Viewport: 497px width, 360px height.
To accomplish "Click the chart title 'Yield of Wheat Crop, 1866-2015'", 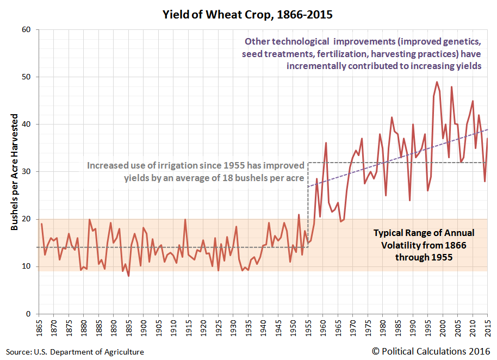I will (x=247, y=14).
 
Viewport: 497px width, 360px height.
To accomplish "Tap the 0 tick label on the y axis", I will (x=29, y=314).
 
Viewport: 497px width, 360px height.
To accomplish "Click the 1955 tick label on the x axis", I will (x=308, y=327).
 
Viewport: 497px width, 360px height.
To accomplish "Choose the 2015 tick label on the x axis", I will (x=487, y=327).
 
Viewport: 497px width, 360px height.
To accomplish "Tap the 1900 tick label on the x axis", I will (x=143, y=327).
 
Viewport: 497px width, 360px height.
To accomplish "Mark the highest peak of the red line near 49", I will (x=437, y=82).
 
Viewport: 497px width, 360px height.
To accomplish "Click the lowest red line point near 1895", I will (x=128, y=276).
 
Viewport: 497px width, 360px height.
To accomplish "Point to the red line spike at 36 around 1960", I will (x=326, y=142).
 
